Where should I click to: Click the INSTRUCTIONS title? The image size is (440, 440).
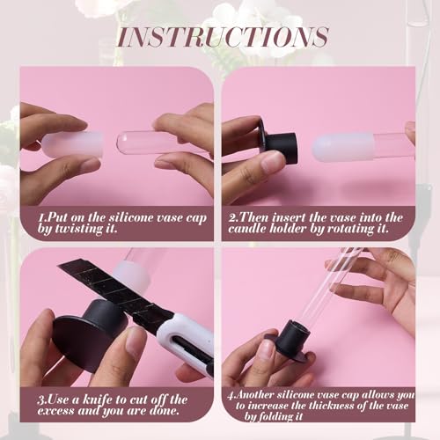pos(223,37)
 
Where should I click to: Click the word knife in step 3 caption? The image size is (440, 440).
pos(98,400)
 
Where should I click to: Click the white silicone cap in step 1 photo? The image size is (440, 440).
pos(72,144)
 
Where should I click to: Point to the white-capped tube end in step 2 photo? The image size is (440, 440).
pos(344,147)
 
